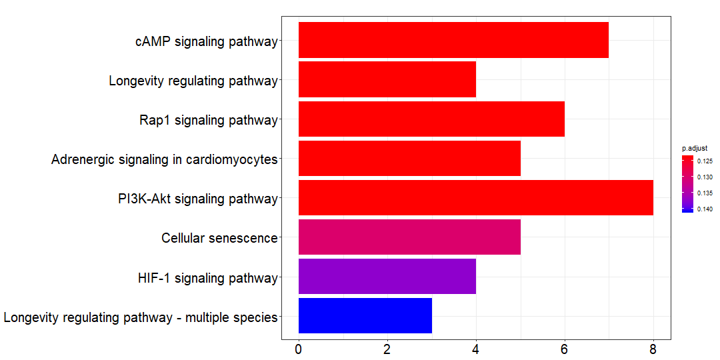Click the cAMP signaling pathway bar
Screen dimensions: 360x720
pos(453,40)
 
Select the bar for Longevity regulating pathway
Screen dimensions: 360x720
pos(387,79)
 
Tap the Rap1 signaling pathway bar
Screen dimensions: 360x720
pos(431,119)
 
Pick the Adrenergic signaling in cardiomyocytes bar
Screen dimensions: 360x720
pos(409,158)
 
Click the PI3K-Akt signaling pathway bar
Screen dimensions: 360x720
pos(475,197)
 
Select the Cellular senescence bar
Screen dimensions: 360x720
pos(409,237)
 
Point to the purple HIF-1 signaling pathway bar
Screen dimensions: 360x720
pos(387,276)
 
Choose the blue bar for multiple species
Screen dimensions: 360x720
pos(365,315)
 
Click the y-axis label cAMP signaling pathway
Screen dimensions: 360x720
pos(206,41)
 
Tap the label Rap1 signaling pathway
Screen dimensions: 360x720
pos(208,121)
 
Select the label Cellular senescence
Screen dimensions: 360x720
pos(219,238)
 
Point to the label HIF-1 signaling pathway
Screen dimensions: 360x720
pos(207,278)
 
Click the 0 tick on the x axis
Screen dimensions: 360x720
pos(299,349)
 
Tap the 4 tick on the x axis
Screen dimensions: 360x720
pos(476,349)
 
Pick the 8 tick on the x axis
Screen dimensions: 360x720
pos(653,349)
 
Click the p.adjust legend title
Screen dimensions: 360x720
pos(694,147)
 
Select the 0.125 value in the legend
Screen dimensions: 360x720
pos(705,161)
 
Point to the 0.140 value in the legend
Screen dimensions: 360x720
pos(705,209)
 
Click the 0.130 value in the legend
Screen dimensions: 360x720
pos(705,177)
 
